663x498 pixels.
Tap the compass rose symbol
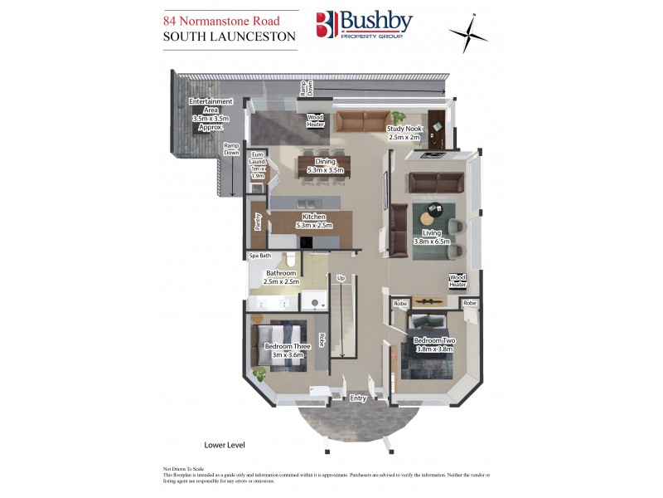tap(468, 34)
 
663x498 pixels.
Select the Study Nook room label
tap(405, 133)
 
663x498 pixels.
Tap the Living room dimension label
tap(431, 237)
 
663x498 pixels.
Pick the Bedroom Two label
tap(435, 344)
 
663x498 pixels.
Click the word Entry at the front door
tap(358, 399)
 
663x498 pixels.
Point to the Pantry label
tap(258, 222)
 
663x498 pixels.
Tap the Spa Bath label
tap(260, 256)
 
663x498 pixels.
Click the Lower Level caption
tap(224, 445)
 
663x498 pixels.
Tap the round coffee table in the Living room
tap(432, 214)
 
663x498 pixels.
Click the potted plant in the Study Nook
tap(398, 118)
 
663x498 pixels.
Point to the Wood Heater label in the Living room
tap(457, 281)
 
